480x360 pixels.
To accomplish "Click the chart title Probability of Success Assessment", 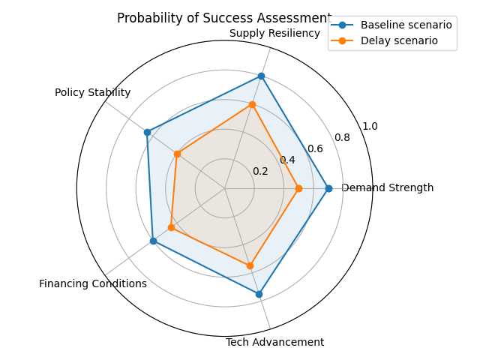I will pyautogui.click(x=224, y=18).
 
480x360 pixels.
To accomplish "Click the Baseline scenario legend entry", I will pyautogui.click(x=406, y=25).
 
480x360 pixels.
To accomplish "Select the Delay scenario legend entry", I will pyautogui.click(x=399, y=40).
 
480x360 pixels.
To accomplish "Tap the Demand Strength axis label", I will pyautogui.click(x=387, y=188).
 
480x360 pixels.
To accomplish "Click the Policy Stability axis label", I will pyautogui.click(x=93, y=93).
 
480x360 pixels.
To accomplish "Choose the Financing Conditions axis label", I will pyautogui.click(x=93, y=283).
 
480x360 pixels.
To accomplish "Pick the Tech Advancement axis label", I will pyautogui.click(x=275, y=343).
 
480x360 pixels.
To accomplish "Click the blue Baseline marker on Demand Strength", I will pyautogui.click(x=328, y=188).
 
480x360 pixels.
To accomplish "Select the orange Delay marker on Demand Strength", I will pyautogui.click(x=298, y=188).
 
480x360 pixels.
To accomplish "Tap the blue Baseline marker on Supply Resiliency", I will pyautogui.click(x=261, y=76).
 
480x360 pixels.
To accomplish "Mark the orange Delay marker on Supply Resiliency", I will pyautogui.click(x=252, y=104).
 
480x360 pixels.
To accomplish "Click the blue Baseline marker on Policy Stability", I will pyautogui.click(x=147, y=132).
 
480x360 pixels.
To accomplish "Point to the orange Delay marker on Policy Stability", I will pyautogui.click(x=177, y=154).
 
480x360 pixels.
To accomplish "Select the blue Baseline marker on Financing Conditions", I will pyautogui.click(x=153, y=241).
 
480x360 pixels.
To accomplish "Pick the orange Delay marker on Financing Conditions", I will pyautogui.click(x=171, y=227).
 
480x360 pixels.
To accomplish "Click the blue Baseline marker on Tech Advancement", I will pyautogui.click(x=259, y=294).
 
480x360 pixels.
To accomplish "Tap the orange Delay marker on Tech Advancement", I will pyautogui.click(x=250, y=265).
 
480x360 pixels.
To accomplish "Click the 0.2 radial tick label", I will pyautogui.click(x=260, y=172).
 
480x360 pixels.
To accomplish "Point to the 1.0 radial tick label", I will pyautogui.click(x=370, y=126).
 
